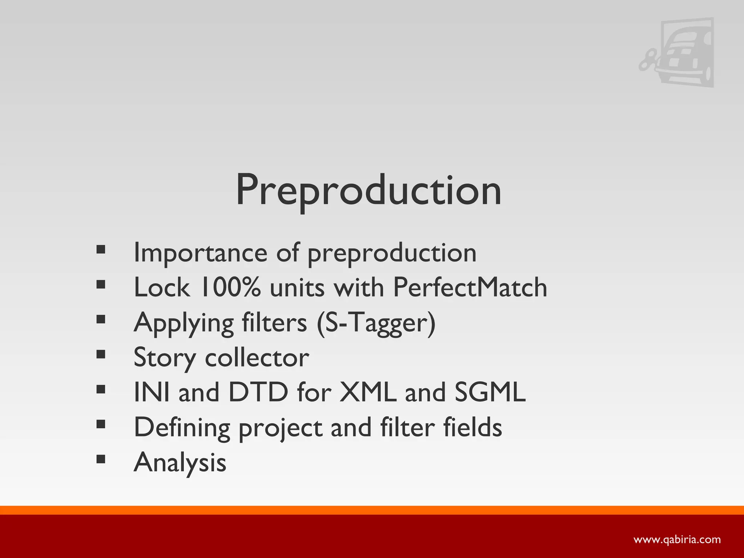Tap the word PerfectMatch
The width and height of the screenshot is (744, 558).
click(x=470, y=287)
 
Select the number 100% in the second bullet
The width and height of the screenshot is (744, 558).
click(x=230, y=287)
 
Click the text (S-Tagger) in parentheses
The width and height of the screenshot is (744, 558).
click(x=376, y=323)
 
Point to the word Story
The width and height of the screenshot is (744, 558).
click(x=165, y=357)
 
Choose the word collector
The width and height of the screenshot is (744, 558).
click(x=257, y=357)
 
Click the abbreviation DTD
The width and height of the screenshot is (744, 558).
click(x=258, y=392)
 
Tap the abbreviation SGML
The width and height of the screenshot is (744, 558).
click(x=490, y=392)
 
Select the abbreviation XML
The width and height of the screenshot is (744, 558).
click(x=367, y=392)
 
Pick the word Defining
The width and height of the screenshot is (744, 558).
click(x=182, y=428)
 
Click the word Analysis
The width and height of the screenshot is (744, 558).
click(x=180, y=462)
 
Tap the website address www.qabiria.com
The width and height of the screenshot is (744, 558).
click(x=677, y=539)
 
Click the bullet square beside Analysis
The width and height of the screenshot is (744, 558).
click(x=101, y=459)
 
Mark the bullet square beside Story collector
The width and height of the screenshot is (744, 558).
click(x=101, y=354)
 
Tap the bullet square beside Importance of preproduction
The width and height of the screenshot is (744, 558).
click(x=101, y=250)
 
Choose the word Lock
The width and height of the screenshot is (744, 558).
click(x=162, y=287)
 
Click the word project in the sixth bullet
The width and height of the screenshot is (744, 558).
click(x=280, y=428)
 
